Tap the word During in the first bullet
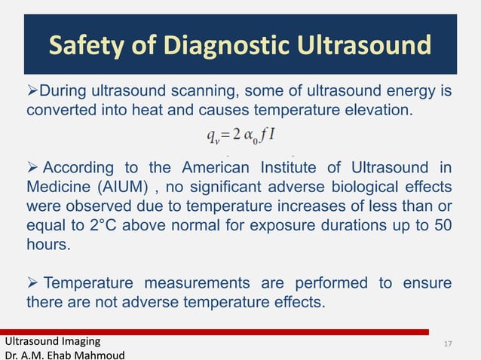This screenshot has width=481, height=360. pyautogui.click(x=63, y=92)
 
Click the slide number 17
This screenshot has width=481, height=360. pyautogui.click(x=449, y=344)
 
